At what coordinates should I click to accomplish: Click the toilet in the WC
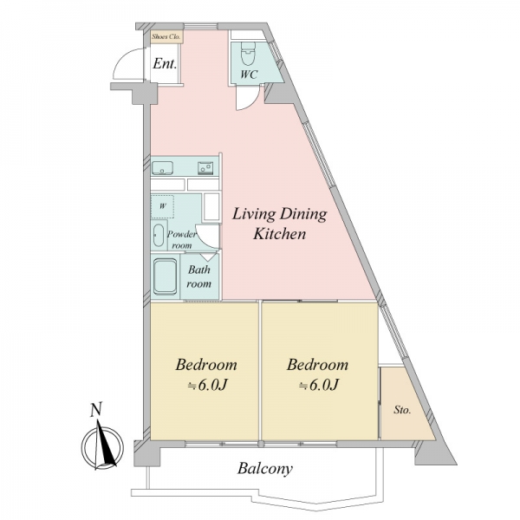[x=248, y=54]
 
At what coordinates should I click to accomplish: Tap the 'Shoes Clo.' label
[x=166, y=36]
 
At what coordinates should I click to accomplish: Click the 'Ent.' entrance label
[x=165, y=63]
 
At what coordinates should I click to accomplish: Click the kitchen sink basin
[x=162, y=168]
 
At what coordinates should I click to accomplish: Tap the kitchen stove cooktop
[x=205, y=168]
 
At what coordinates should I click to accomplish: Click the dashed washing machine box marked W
[x=163, y=206]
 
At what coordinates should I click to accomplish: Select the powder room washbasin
[x=159, y=236]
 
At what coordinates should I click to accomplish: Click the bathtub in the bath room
[x=165, y=276]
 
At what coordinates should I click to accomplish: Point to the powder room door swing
[x=205, y=236]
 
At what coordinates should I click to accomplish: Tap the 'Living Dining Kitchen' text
[x=279, y=224]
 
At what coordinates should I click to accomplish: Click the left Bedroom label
[x=206, y=365]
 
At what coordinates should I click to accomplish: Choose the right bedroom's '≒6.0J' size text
[x=318, y=385]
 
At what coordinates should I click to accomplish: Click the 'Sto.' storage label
[x=402, y=410]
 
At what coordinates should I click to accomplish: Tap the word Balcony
[x=265, y=469]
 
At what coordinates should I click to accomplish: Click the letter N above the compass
[x=96, y=409]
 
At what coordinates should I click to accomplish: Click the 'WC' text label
[x=249, y=75]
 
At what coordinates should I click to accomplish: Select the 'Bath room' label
[x=199, y=276]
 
